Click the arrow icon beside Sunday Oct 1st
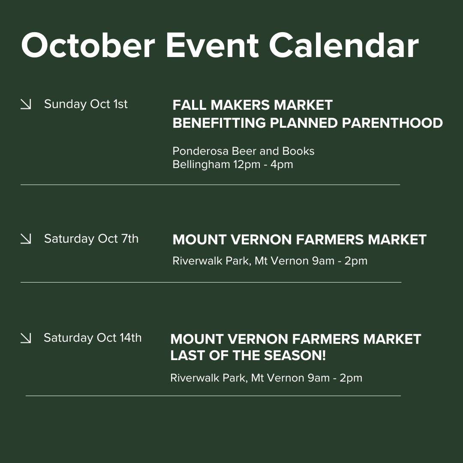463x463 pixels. [x=26, y=104]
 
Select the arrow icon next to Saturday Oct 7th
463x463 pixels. [x=26, y=239]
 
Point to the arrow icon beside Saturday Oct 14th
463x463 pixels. [x=26, y=338]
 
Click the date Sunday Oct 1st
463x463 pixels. [x=86, y=104]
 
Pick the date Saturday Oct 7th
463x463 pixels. [x=91, y=238]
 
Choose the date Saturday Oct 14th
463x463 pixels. [x=93, y=338]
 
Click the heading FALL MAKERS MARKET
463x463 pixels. [x=253, y=105]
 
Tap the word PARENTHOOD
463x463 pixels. [x=392, y=123]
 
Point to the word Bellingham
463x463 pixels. [x=201, y=164]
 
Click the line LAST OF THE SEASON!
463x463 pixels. [x=248, y=355]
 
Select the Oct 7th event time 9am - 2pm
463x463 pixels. [x=340, y=261]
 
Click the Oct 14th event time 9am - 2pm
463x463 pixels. [x=335, y=378]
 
